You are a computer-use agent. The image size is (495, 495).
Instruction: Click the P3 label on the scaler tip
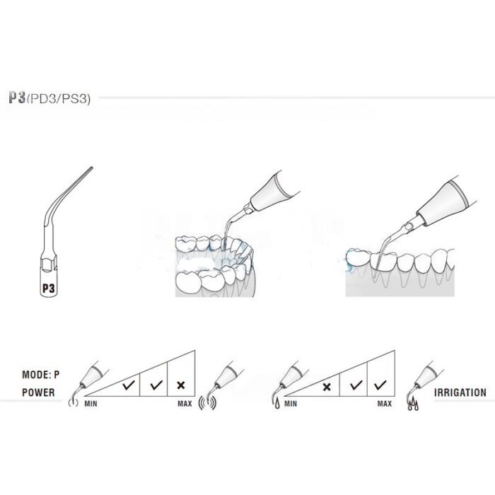[x=49, y=289]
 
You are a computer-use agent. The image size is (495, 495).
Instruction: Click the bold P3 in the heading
[x=17, y=98]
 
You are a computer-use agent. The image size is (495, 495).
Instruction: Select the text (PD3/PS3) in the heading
[x=58, y=99]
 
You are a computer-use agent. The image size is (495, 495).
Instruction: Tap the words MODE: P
[x=41, y=375]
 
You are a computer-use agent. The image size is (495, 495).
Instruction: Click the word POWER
[x=38, y=392]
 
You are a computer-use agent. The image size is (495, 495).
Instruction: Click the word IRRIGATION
[x=460, y=392]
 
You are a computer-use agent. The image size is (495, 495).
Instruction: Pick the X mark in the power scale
[x=181, y=385]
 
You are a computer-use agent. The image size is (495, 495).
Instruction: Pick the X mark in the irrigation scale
[x=327, y=387]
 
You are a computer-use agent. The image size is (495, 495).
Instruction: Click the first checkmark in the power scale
[x=129, y=385]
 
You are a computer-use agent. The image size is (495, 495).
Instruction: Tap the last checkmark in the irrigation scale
[x=380, y=385]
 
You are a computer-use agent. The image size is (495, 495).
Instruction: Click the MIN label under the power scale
[x=91, y=404]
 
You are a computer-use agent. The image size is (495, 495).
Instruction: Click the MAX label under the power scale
[x=185, y=404]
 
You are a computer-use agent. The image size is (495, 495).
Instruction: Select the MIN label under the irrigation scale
[x=291, y=404]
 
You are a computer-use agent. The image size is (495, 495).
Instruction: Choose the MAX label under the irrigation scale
[x=385, y=404]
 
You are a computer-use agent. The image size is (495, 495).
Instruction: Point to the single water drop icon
[x=277, y=404]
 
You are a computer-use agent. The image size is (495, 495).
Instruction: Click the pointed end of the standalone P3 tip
[x=92, y=168]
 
